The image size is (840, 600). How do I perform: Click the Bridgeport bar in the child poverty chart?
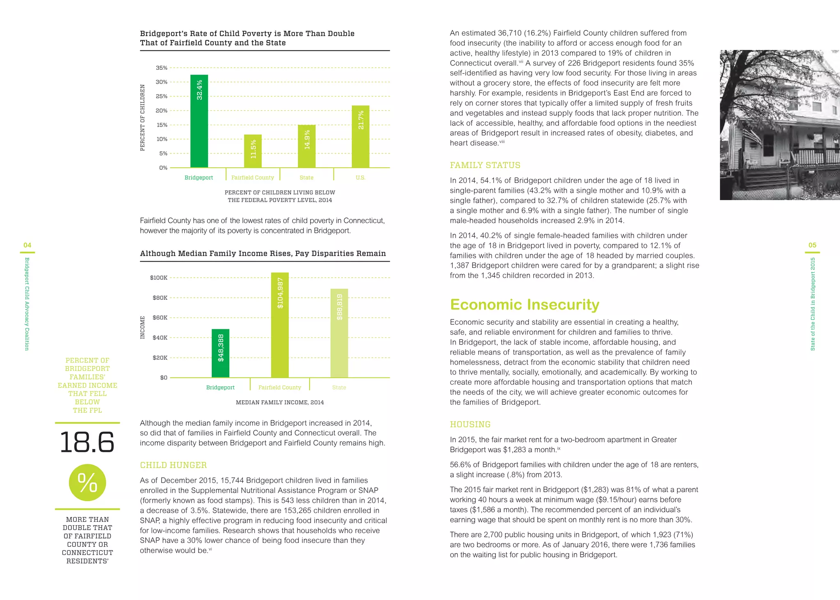[199, 121]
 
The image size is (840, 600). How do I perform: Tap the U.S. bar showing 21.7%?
[361, 137]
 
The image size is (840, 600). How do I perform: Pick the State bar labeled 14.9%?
[306, 146]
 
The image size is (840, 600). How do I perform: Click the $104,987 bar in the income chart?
[280, 325]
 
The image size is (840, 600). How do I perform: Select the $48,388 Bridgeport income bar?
[220, 353]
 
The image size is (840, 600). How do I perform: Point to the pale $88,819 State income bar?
[339, 333]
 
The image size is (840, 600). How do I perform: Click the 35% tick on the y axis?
[162, 68]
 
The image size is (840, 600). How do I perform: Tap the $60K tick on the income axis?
[160, 317]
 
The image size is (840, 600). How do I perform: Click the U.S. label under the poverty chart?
[360, 178]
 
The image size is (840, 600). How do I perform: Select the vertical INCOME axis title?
[143, 327]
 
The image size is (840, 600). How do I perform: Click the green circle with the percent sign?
[87, 482]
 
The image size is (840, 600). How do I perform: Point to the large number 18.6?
[87, 443]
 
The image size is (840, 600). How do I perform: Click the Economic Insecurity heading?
[524, 304]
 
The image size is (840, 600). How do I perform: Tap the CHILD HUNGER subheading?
[173, 465]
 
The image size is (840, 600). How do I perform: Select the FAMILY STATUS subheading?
[485, 165]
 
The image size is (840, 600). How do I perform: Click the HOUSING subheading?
[470, 424]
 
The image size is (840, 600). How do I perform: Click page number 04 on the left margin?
[27, 245]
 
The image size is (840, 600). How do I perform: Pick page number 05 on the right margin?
[812, 245]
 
